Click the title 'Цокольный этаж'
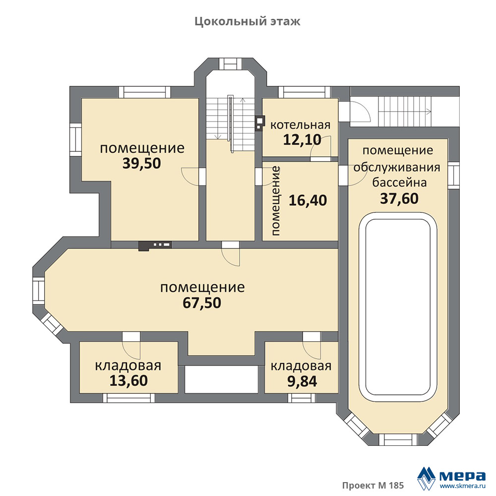coord(248,21)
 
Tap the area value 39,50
coord(142,163)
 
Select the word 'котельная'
coord(300,125)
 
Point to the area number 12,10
coord(302,139)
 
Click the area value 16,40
coord(308,200)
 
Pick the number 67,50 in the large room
coord(202,303)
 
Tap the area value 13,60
coord(128,380)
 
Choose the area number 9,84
coord(302,381)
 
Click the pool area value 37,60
coord(399,198)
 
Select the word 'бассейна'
coord(399,183)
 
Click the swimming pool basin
coord(398,308)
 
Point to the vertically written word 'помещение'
coord(275,201)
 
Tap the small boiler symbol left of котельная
coord(260,123)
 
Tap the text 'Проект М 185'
coord(373,485)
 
